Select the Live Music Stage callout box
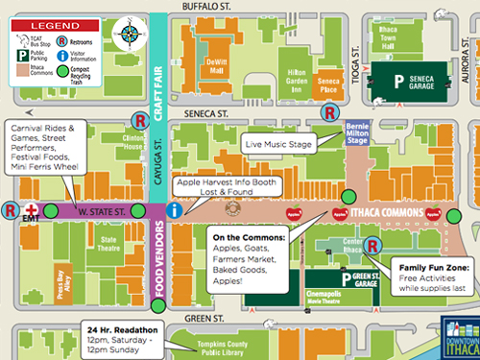tap(278, 144)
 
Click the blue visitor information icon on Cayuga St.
tap(173, 209)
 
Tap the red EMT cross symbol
tap(33, 209)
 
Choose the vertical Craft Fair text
tap(160, 74)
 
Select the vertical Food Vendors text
tap(160, 260)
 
